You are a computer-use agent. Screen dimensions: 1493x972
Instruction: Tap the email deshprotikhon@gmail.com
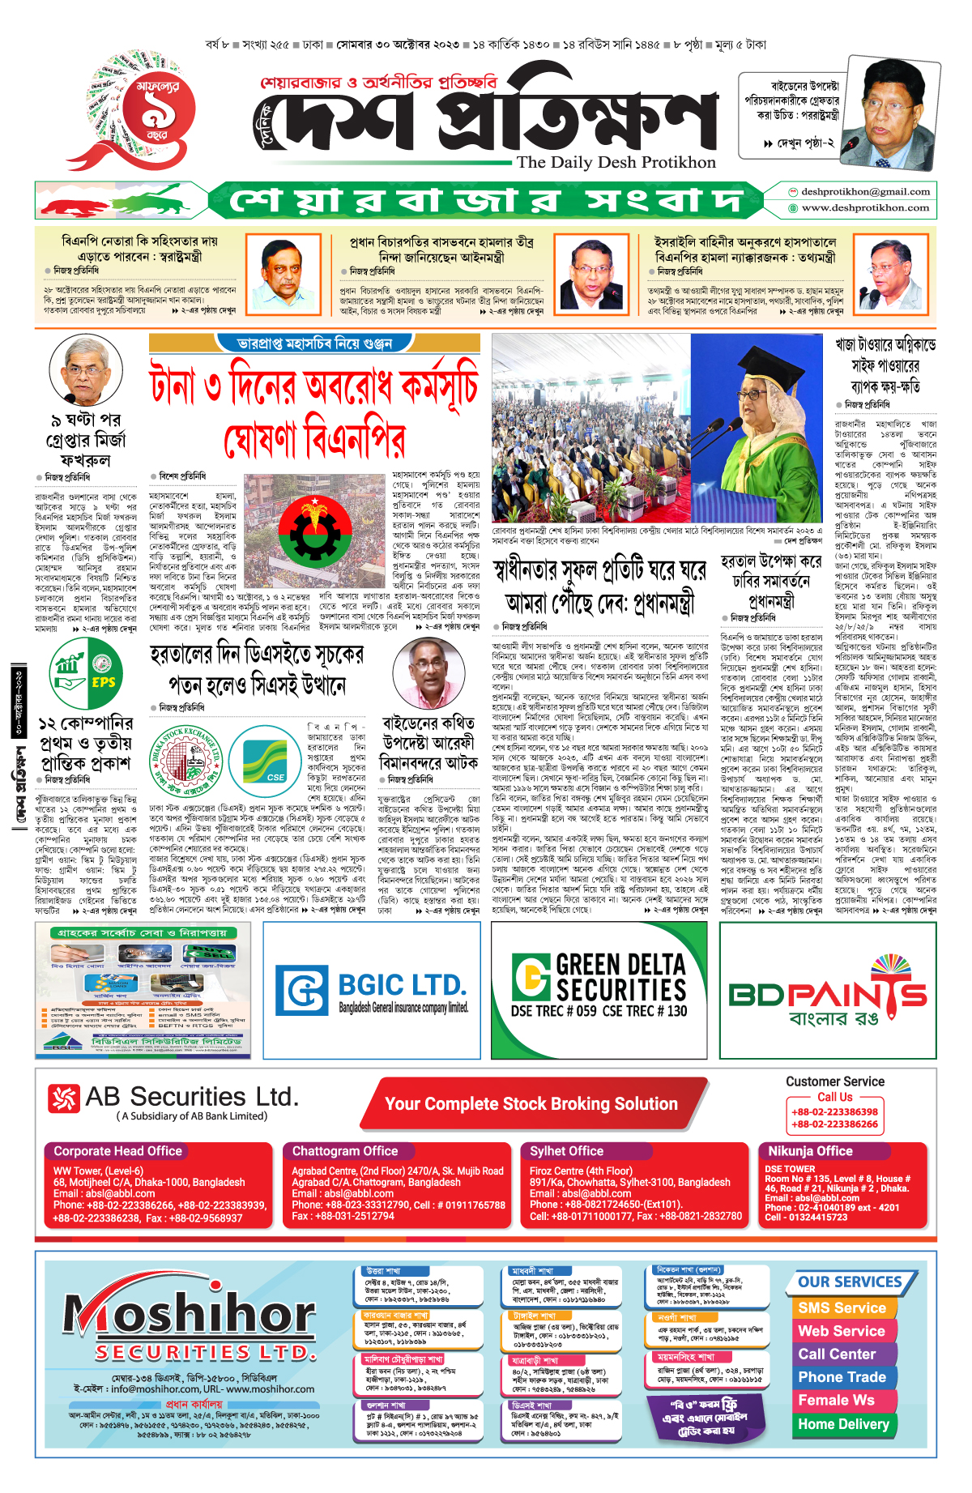point(864,192)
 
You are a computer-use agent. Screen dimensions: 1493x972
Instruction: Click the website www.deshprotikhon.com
point(864,208)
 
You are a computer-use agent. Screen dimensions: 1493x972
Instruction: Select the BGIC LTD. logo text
point(401,985)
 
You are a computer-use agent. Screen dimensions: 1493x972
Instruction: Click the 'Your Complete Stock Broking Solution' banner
point(531,1103)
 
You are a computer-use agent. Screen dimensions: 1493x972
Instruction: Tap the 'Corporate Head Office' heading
point(117,1151)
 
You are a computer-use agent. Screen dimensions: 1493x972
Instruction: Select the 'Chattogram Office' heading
point(345,1151)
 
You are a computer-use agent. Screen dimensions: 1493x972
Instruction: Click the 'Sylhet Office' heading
point(566,1151)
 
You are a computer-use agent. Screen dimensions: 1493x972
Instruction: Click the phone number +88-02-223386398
point(834,1112)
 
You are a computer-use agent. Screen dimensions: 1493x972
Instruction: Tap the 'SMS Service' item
point(842,1308)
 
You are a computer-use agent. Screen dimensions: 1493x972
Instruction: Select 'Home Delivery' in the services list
point(843,1424)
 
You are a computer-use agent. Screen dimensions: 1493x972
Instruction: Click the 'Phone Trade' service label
point(842,1377)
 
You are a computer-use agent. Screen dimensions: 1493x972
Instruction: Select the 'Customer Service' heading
point(834,1081)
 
